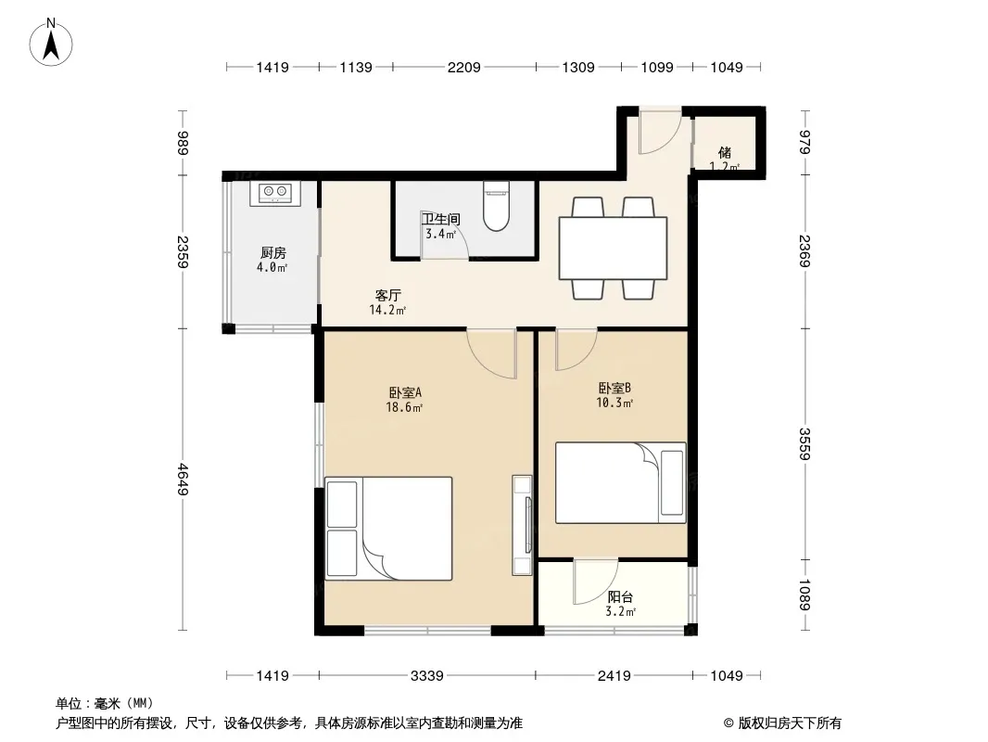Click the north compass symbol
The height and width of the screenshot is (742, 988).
tap(51, 43)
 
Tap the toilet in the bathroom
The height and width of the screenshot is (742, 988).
tap(497, 206)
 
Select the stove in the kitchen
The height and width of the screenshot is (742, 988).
tap(274, 193)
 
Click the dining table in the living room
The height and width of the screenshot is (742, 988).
tap(613, 248)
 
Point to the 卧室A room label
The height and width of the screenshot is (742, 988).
tap(405, 392)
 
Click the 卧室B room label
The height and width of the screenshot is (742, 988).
tap(614, 389)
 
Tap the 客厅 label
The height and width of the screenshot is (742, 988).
tap(388, 295)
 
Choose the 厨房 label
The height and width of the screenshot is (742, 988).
tap(272, 253)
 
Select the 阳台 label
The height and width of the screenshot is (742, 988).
tap(620, 597)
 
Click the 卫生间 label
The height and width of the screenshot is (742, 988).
tap(440, 220)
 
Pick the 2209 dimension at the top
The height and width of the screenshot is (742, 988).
tap(463, 68)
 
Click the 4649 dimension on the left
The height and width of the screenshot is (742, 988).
tap(183, 480)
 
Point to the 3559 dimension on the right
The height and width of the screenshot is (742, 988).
tap(804, 444)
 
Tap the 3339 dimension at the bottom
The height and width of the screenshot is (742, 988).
tap(426, 676)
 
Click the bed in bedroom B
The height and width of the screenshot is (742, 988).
tap(621, 483)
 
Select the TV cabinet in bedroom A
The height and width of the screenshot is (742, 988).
tap(523, 525)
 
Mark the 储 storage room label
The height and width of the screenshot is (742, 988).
tap(725, 152)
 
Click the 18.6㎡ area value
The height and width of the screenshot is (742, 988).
tap(404, 407)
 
